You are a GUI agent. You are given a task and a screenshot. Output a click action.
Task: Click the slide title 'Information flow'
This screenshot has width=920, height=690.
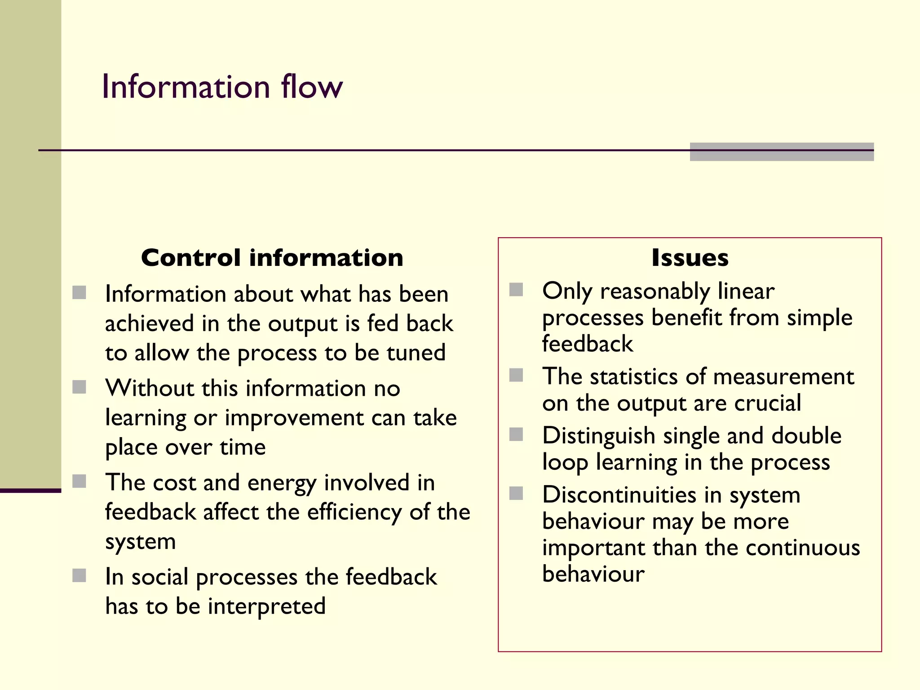coord(222,86)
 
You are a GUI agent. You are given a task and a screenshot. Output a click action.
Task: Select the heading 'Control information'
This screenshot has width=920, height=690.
coord(272,258)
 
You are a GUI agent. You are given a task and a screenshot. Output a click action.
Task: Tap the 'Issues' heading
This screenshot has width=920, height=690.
coord(690,258)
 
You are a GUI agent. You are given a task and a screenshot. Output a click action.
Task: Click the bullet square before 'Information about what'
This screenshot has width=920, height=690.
coord(80,292)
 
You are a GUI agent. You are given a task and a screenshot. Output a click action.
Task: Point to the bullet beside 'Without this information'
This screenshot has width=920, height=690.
coord(80,387)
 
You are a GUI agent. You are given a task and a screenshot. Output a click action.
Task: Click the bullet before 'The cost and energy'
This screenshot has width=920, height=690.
coord(80,481)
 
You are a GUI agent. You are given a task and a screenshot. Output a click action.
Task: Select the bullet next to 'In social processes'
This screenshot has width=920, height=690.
coord(80,575)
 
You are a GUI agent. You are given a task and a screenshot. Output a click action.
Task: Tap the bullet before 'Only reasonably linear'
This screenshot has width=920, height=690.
coord(516,290)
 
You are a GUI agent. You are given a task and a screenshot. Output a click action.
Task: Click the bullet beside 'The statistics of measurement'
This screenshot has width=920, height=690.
coord(516,375)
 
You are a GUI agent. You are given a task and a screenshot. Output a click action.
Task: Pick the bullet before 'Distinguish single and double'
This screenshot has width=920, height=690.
coord(516,434)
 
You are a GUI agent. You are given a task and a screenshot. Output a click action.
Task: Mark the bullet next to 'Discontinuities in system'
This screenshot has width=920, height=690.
coord(516,493)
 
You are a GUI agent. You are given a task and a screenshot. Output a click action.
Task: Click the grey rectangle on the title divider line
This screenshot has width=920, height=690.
coord(782,152)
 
